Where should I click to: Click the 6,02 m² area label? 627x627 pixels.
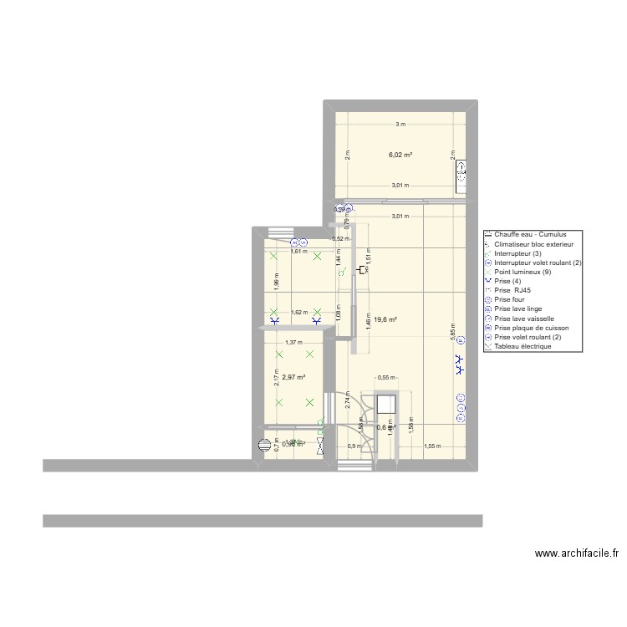tap(400, 155)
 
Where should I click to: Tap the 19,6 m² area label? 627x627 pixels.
tap(385, 319)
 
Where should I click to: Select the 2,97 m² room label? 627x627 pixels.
tap(293, 377)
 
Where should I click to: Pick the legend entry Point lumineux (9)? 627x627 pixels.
tap(522, 272)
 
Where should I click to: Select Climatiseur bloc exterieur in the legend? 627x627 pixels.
tap(533, 244)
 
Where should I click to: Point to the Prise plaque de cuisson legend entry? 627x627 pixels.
tap(531, 328)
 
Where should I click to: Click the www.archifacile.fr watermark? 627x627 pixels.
tap(576, 553)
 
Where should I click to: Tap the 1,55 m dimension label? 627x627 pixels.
tap(432, 446)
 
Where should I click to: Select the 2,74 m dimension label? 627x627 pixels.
tap(346, 400)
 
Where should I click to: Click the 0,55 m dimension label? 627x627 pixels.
tap(385, 378)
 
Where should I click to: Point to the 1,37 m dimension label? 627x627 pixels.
tap(293, 342)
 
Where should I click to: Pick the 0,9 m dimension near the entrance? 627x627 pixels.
tap(354, 446)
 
